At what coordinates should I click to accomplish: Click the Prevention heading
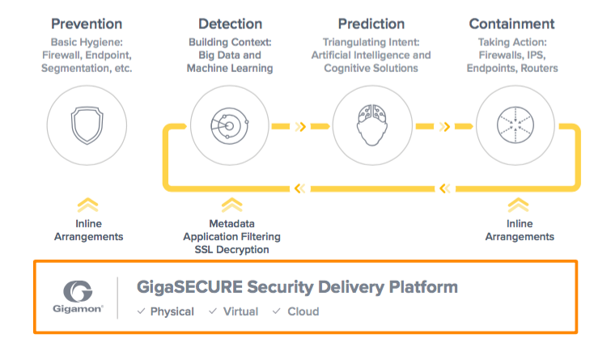click(x=87, y=24)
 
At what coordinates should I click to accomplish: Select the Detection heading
click(x=231, y=24)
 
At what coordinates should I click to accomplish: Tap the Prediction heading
click(x=371, y=24)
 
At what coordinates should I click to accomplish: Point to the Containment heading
click(x=512, y=24)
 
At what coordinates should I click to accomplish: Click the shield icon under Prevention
click(x=87, y=125)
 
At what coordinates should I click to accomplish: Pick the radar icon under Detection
click(x=230, y=126)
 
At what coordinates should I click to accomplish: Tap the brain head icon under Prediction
click(x=372, y=125)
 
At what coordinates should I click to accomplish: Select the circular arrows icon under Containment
click(x=515, y=125)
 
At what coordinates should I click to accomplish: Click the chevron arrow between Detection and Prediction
click(x=300, y=126)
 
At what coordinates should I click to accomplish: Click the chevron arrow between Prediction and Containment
click(x=444, y=126)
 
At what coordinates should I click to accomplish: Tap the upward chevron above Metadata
click(x=231, y=205)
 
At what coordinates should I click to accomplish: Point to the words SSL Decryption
click(x=231, y=249)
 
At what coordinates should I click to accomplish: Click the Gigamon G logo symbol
click(x=78, y=291)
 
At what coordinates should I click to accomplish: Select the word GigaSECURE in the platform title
click(x=190, y=287)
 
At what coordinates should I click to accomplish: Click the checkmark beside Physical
click(x=141, y=311)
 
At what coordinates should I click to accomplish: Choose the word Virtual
click(x=241, y=311)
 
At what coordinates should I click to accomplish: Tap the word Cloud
click(x=303, y=311)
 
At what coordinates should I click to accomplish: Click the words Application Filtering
click(x=231, y=236)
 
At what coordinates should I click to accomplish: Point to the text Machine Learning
click(x=230, y=68)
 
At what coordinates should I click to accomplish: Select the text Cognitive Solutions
click(x=371, y=68)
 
